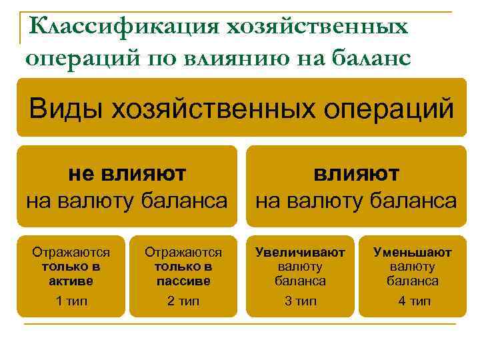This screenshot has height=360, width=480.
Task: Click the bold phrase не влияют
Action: [x=127, y=174]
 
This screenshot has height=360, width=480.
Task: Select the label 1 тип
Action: [x=71, y=301]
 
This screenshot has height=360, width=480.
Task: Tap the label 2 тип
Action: [x=183, y=301]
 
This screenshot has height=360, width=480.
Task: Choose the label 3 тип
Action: [x=301, y=301]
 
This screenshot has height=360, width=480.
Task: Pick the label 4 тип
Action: [x=414, y=301]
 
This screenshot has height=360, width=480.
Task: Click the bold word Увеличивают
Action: [x=301, y=253]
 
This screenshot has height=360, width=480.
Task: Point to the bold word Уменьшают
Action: [x=413, y=253]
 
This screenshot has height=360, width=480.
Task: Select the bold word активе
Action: [x=71, y=281]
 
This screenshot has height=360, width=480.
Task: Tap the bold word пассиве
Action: [x=183, y=281]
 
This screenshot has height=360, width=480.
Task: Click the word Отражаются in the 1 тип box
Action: [x=71, y=253]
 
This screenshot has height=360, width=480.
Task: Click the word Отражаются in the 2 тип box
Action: [x=183, y=253]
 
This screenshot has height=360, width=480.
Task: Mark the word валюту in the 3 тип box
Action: [x=301, y=267]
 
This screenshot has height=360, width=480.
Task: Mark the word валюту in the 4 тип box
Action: [x=413, y=267]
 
